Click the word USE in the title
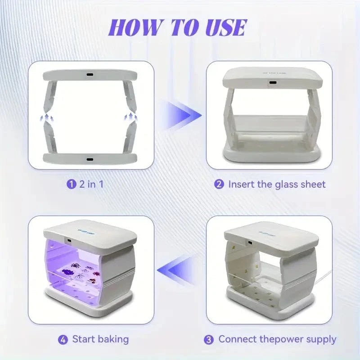[226, 28]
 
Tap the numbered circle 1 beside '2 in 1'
[72, 184]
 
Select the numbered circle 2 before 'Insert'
[219, 184]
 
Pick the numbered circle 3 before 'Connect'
[209, 340]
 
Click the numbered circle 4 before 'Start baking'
[63, 340]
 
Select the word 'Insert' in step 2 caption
[241, 184]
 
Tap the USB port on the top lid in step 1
[90, 75]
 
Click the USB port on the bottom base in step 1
[90, 159]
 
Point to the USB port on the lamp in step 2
[273, 82]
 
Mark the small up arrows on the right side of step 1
[131, 117]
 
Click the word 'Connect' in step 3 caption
[238, 339]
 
